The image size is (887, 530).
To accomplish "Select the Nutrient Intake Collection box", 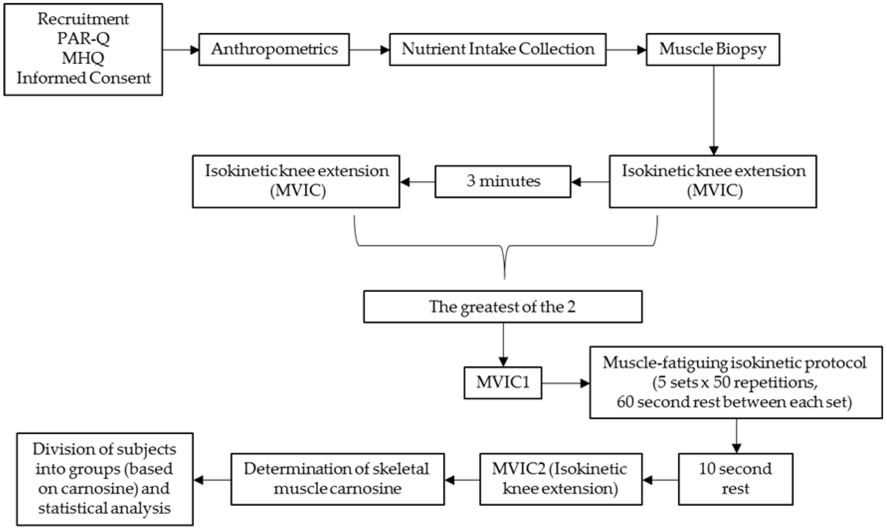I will tap(498, 49).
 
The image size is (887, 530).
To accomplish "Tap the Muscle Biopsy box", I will tap(712, 49).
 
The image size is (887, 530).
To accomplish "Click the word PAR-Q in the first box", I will tap(83, 38).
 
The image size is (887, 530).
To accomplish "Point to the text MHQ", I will tap(83, 58).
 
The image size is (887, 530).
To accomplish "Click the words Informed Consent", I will tap(83, 78).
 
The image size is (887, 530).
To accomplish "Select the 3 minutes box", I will tap(503, 181).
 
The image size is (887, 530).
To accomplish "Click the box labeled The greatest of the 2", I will tap(503, 306).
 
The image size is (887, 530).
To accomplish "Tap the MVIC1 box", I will tap(503, 383).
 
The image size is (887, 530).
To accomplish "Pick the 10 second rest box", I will tap(735, 479).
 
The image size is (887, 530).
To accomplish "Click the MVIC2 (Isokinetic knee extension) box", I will tap(560, 479).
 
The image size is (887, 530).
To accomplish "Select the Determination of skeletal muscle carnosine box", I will tap(337, 479).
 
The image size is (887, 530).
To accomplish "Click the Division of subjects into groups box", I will tap(105, 479).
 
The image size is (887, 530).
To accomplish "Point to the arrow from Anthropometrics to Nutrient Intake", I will tap(369, 50).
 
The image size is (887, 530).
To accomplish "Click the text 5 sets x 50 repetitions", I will tap(735, 383).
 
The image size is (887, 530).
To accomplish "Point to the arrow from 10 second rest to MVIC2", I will tap(660, 480).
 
